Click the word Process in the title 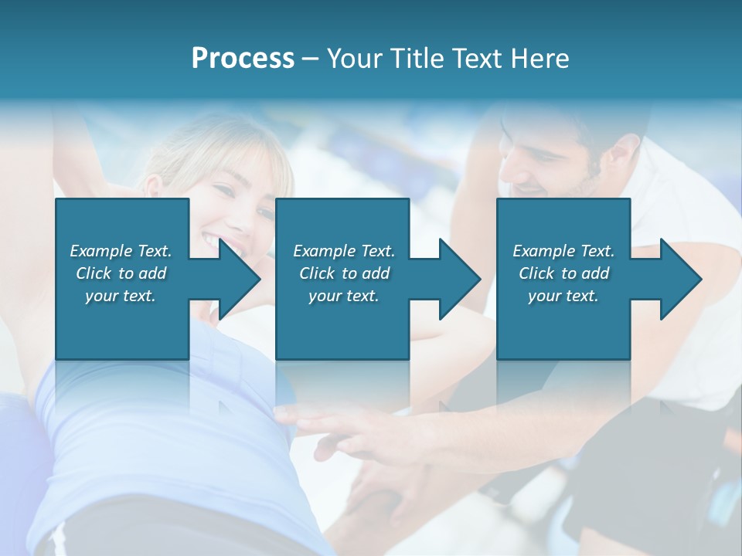tap(243, 59)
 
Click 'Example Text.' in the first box tap(121, 251)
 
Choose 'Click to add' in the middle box tap(344, 273)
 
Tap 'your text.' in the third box tap(563, 296)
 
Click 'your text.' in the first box tap(121, 296)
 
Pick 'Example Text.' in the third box tap(563, 251)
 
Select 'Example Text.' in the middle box tap(344, 251)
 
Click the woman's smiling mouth tap(210, 238)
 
